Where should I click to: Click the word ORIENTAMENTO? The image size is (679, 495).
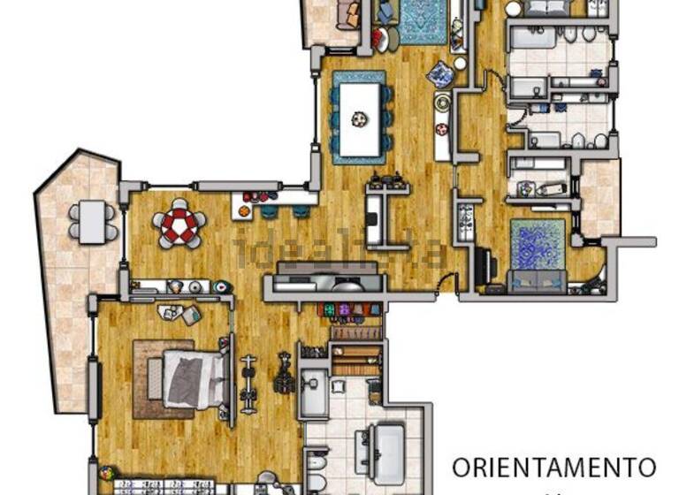pos(554,466)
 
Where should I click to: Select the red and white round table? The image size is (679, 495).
pos(180,225)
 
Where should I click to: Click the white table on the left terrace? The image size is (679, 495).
pos(92,221)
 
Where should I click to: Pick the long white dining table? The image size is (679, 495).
pos(359,117)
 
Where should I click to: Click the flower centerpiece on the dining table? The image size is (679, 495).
pos(359,117)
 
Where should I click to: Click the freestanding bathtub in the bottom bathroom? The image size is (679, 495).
pos(381,448)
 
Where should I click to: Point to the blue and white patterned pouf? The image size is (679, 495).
pos(439,75)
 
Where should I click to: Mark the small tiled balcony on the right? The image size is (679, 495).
pos(600,195)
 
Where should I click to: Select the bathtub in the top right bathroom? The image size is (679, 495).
pos(533,36)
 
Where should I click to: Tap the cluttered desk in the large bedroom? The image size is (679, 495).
pos(179,313)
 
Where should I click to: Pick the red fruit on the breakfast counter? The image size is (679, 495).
pos(257,197)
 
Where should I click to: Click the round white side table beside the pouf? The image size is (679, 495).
pos(460,64)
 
